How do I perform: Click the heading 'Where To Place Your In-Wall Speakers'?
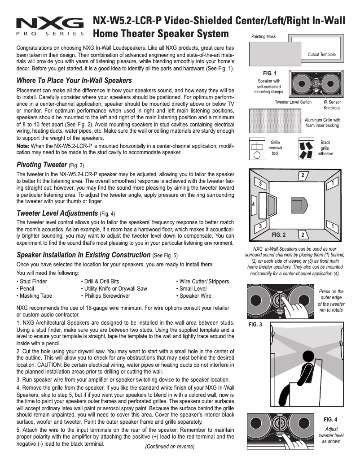point(74,81)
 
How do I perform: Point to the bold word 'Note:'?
point(23,146)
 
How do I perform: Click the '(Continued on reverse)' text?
point(170,447)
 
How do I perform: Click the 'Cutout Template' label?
point(321,55)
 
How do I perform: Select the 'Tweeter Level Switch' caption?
point(293,102)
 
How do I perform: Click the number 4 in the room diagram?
point(254,204)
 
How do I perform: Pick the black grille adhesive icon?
point(307,149)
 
